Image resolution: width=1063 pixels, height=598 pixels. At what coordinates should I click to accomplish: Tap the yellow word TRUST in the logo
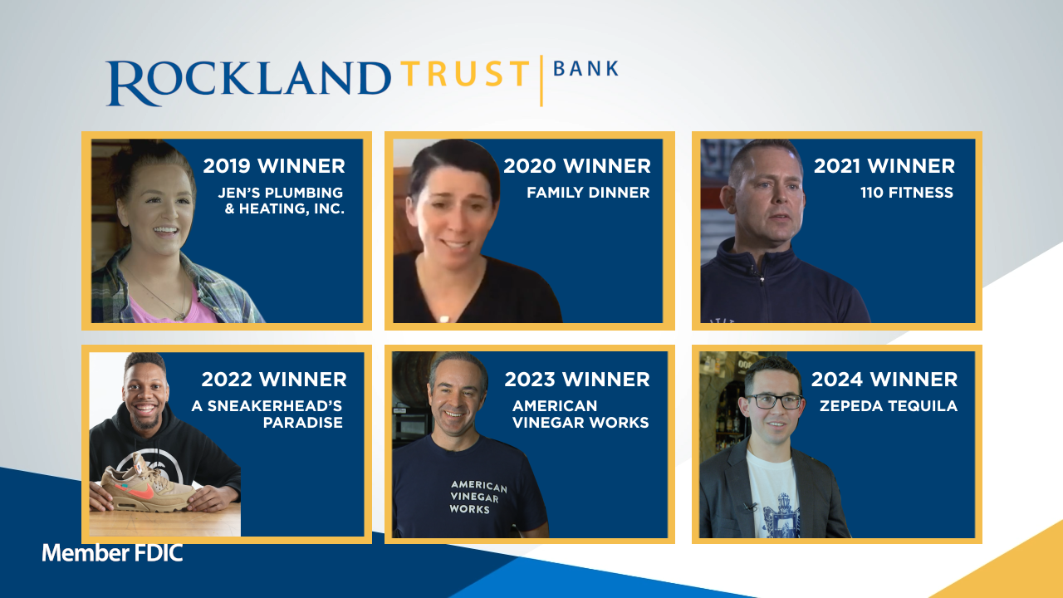click(465, 74)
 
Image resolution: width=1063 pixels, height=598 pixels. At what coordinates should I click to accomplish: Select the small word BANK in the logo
click(586, 69)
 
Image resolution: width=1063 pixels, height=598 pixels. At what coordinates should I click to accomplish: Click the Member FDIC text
click(112, 553)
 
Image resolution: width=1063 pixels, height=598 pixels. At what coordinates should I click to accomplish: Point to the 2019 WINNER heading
click(274, 166)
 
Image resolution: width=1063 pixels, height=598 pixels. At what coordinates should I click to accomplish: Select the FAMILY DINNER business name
click(588, 192)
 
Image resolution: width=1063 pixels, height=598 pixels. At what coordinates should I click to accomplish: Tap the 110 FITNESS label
click(906, 192)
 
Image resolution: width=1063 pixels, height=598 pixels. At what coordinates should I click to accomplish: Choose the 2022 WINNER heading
click(274, 380)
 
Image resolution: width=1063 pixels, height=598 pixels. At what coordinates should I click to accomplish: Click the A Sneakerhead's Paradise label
click(267, 414)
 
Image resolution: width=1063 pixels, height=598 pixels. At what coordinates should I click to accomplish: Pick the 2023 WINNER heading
click(577, 380)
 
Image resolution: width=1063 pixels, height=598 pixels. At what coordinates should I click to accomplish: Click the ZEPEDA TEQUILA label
click(889, 406)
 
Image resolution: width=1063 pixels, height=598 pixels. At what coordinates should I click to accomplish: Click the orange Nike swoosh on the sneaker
click(140, 491)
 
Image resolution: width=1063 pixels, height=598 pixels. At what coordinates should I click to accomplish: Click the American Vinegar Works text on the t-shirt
click(477, 497)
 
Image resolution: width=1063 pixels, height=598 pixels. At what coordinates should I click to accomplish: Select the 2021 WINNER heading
click(884, 166)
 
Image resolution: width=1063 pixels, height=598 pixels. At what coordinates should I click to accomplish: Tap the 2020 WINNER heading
click(577, 166)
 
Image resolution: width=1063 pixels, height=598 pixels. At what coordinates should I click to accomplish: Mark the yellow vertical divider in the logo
click(541, 81)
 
